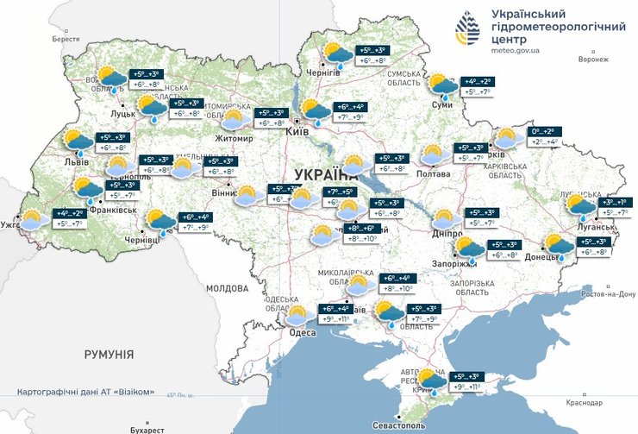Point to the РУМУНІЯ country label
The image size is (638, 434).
[109, 355]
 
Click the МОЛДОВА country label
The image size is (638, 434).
[228, 287]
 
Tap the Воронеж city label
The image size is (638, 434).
[592, 60]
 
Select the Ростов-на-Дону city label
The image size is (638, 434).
[609, 294]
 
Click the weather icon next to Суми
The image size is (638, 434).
[443, 85]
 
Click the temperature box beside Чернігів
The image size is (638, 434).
[368, 55]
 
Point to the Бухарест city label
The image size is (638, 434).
[142, 429]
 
